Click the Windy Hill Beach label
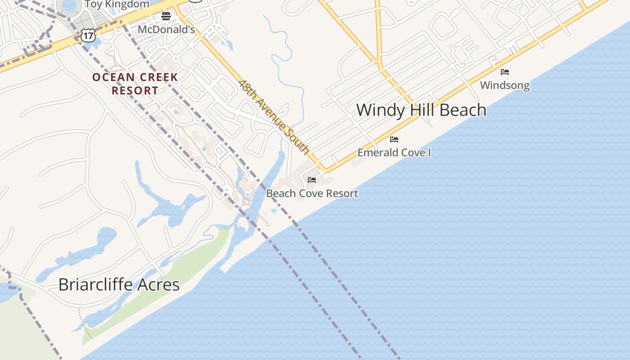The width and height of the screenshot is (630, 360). tap(421, 110)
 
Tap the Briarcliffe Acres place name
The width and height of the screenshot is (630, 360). tap(119, 284)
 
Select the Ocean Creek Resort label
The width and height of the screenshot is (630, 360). tap(135, 84)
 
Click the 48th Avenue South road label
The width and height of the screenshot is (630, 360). tap(274, 117)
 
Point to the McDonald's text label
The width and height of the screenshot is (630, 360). tap(166, 30)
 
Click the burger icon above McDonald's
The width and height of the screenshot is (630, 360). tap(166, 17)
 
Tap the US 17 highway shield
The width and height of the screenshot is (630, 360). tap(89, 36)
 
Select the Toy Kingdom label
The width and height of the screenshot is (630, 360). tap(117, 4)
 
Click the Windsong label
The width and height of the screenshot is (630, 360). tap(504, 85)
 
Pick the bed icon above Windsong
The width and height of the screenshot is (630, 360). tap(505, 72)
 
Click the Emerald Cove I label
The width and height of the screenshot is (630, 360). tap(394, 153)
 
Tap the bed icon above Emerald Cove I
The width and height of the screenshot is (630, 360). tap(394, 139)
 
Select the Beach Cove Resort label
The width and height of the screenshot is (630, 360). tap(312, 193)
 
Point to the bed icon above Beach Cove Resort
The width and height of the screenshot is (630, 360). tap(311, 180)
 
